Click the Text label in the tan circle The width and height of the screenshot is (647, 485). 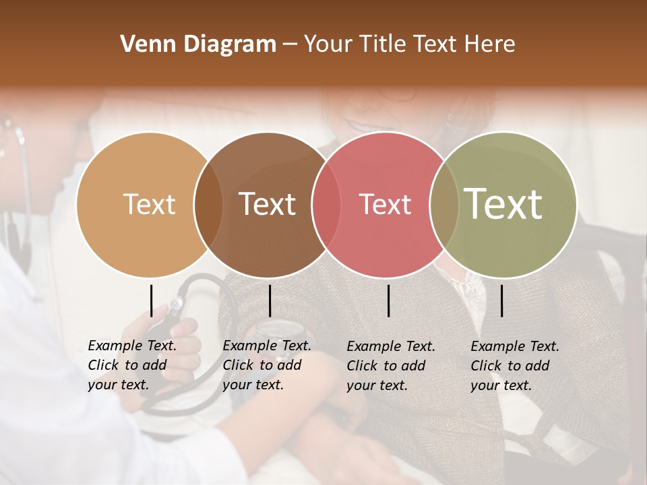149,204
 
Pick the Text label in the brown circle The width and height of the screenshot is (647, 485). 267,204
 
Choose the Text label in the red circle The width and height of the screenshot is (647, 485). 385,204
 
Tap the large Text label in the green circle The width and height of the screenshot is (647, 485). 503,204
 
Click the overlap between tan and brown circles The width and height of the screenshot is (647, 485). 208,204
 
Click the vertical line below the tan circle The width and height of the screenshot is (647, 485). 152,300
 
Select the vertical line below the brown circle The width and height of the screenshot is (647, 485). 270,300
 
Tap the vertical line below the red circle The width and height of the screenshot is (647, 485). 389,300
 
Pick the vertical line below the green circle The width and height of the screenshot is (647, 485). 502,300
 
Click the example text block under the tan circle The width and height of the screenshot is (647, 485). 131,365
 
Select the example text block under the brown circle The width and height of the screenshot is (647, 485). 266,365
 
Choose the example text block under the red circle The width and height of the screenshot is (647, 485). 390,366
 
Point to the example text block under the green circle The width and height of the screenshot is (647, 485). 514,366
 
